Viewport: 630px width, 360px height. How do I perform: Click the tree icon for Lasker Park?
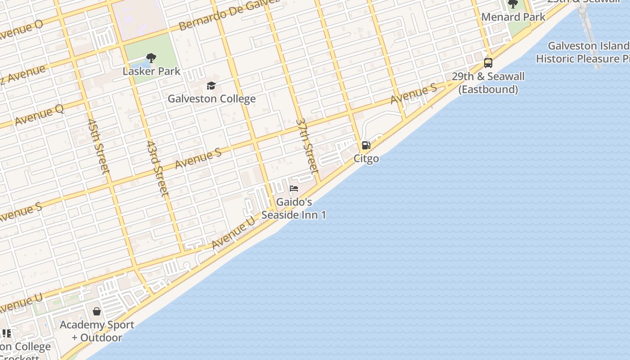point(151,58)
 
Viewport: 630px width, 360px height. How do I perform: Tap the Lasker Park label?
point(151,71)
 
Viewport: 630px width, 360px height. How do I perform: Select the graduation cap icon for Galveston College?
point(211,85)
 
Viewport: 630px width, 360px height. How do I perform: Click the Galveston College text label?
point(211,99)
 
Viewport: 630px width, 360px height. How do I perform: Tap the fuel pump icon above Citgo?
point(366,145)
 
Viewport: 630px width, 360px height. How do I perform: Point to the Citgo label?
point(366,158)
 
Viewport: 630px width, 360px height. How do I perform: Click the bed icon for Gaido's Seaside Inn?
point(294,188)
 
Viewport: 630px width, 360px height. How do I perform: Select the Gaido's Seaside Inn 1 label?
point(294,208)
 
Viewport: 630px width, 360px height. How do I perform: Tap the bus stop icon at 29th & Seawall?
point(488,63)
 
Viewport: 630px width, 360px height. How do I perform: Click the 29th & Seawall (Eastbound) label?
point(488,83)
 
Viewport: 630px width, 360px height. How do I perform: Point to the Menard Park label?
point(513,17)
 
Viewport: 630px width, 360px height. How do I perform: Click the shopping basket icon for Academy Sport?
point(97,311)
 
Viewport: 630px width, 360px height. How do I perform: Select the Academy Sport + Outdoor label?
point(97,331)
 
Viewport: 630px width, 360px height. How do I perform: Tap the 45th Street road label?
point(99,146)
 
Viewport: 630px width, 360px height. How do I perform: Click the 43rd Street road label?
point(157,169)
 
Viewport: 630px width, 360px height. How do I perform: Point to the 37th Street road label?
point(307,146)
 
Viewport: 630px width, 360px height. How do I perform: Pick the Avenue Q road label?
point(39,115)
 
